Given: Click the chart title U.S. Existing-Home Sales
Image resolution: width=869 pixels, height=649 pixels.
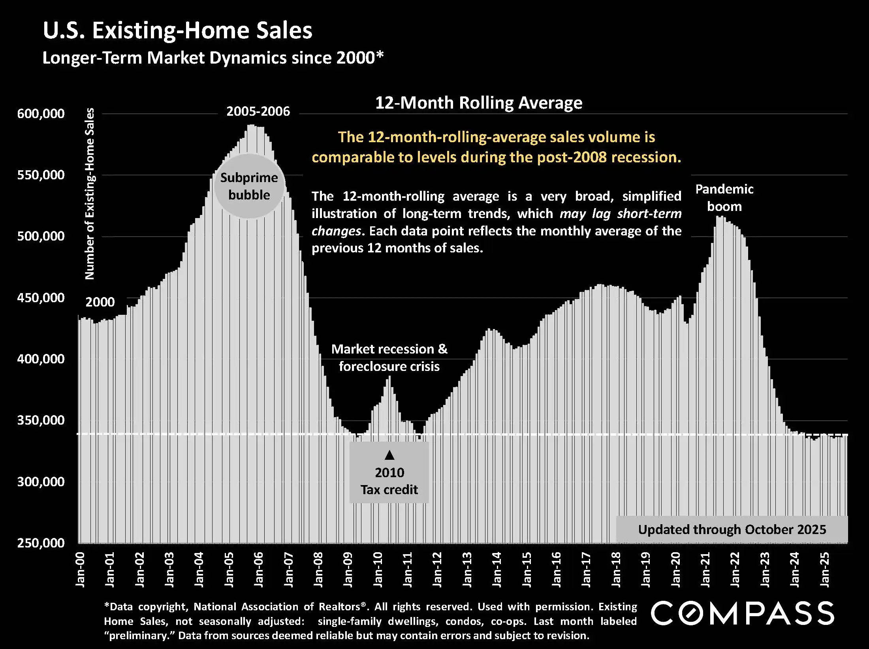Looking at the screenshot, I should click(177, 30).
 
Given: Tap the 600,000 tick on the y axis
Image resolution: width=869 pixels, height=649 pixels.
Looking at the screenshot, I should click(41, 114).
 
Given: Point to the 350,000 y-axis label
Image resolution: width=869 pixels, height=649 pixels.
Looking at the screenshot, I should click(41, 420).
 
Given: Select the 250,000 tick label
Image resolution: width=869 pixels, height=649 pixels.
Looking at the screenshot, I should click(41, 543).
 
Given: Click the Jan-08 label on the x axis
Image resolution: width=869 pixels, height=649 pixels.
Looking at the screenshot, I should click(318, 570).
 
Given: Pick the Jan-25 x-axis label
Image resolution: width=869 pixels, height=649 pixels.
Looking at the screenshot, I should click(825, 570).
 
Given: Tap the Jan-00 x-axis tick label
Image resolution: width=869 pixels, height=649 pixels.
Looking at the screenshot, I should click(80, 570).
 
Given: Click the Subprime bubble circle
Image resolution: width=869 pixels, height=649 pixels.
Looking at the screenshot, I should click(249, 186).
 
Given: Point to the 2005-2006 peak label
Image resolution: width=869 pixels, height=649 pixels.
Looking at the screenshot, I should click(258, 111).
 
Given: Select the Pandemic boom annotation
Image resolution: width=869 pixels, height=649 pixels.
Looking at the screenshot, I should click(724, 198).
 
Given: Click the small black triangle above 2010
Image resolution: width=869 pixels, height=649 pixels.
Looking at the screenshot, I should click(389, 455).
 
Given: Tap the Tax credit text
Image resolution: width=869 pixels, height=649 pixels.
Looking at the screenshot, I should click(389, 490).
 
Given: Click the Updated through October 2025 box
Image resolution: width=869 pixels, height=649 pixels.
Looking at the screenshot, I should click(732, 529).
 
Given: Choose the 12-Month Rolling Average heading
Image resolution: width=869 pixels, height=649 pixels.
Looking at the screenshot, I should click(478, 103).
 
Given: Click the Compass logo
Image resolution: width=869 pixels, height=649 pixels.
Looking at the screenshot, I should click(742, 613).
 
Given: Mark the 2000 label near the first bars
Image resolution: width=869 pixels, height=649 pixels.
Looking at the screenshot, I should click(100, 302).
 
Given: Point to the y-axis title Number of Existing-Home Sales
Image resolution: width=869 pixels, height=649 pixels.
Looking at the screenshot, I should click(90, 194).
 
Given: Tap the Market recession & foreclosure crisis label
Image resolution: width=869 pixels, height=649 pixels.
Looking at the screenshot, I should click(389, 357).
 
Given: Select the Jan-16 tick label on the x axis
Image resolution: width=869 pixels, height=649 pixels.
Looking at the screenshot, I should click(557, 570).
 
